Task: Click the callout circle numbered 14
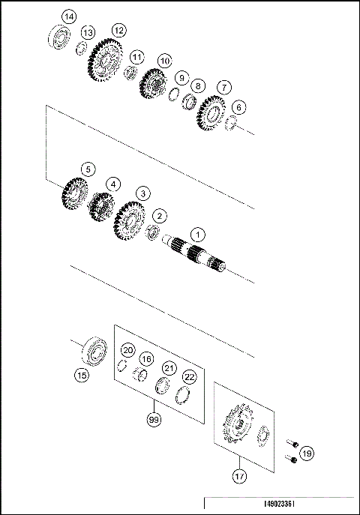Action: pos(68,16)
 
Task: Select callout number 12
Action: pos(118,30)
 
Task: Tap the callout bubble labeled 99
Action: pos(154,420)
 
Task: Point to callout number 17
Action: pos(238,475)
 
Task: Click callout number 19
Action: pos(308,452)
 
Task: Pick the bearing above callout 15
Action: pos(96,350)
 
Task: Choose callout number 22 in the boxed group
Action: pos(190,376)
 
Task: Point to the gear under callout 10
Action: pos(153,85)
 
